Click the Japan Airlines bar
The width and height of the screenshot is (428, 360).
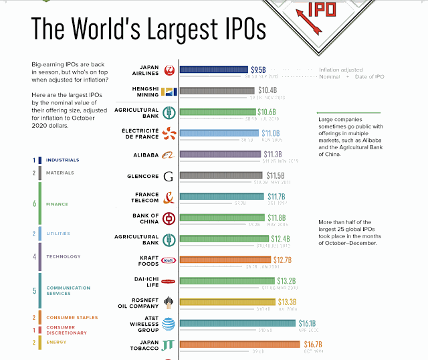click(213, 69)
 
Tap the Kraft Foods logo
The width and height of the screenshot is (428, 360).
click(169, 260)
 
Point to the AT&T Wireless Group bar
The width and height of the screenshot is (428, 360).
click(238, 323)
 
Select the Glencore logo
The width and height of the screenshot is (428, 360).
click(168, 177)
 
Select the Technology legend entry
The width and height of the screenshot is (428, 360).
click(63, 256)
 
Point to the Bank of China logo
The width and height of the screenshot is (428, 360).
click(169, 218)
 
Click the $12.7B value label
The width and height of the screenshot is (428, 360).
click(282, 260)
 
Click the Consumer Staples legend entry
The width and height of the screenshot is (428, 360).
click(72, 318)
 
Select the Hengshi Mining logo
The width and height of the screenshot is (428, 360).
click(169, 92)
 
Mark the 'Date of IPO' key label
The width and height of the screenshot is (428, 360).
click(389, 77)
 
